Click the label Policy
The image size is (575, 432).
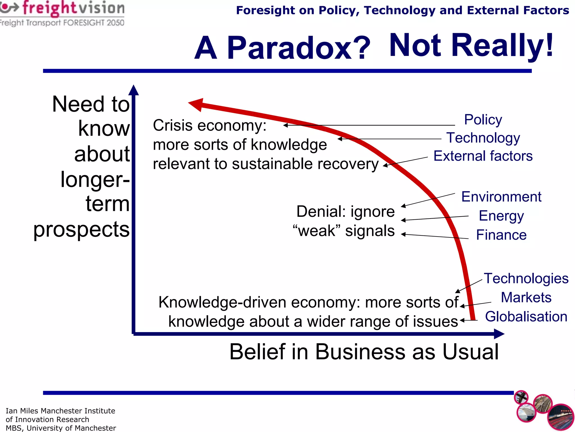pyautogui.click(x=483, y=120)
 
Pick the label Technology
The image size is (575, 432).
pyautogui.click(x=483, y=138)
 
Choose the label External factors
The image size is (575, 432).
pyautogui.click(x=483, y=156)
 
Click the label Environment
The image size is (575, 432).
pyautogui.click(x=501, y=197)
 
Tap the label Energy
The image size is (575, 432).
pyautogui.click(x=501, y=216)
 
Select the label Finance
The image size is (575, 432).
pyautogui.click(x=501, y=235)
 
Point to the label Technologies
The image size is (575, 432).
pyautogui.click(x=526, y=278)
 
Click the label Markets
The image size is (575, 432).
pyautogui.click(x=526, y=298)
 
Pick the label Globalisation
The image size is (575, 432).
pyautogui.click(x=526, y=317)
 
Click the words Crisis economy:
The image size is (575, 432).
pyautogui.click(x=209, y=125)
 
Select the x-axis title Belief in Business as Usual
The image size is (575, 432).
pyautogui.click(x=364, y=352)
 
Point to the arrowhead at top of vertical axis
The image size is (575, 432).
pyautogui.click(x=134, y=90)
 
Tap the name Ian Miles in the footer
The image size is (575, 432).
pyautogui.click(x=22, y=411)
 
